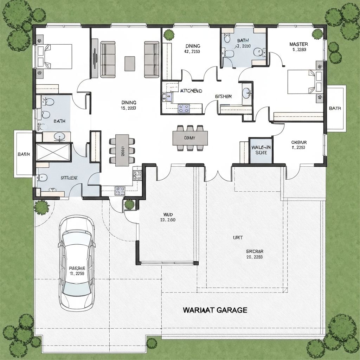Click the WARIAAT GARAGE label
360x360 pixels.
[x=215, y=310]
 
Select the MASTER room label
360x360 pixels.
[x=298, y=44]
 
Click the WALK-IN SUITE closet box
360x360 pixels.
[x=261, y=150]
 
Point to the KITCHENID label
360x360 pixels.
[x=191, y=91]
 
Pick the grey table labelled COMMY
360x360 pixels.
[x=190, y=138]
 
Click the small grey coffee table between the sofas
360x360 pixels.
[x=130, y=63]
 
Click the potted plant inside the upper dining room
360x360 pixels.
[x=169, y=34]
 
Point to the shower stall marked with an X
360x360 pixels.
[x=53, y=152]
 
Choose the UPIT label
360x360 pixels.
[x=238, y=238]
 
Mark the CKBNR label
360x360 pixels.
[x=299, y=142]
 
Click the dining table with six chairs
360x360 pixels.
[x=122, y=150]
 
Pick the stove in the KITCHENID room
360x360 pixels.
[x=184, y=109]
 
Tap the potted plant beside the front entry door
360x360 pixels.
[x=129, y=204]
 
